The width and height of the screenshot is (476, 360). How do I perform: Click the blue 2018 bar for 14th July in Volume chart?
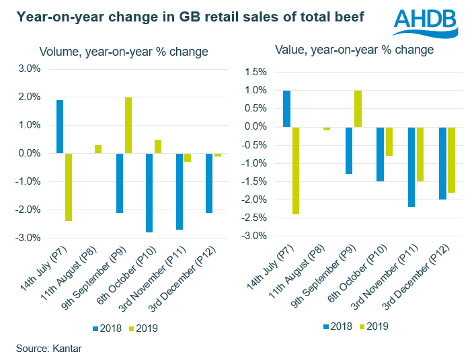60,126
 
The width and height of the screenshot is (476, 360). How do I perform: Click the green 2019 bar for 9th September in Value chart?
357,108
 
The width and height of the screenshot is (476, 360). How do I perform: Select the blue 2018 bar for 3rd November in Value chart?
411,167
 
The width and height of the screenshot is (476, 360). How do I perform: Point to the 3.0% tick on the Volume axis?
28,69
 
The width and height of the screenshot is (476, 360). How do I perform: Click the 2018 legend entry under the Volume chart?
107,329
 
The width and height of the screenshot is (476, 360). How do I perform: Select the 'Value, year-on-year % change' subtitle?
354,50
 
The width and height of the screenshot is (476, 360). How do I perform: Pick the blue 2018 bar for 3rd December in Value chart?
442,163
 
